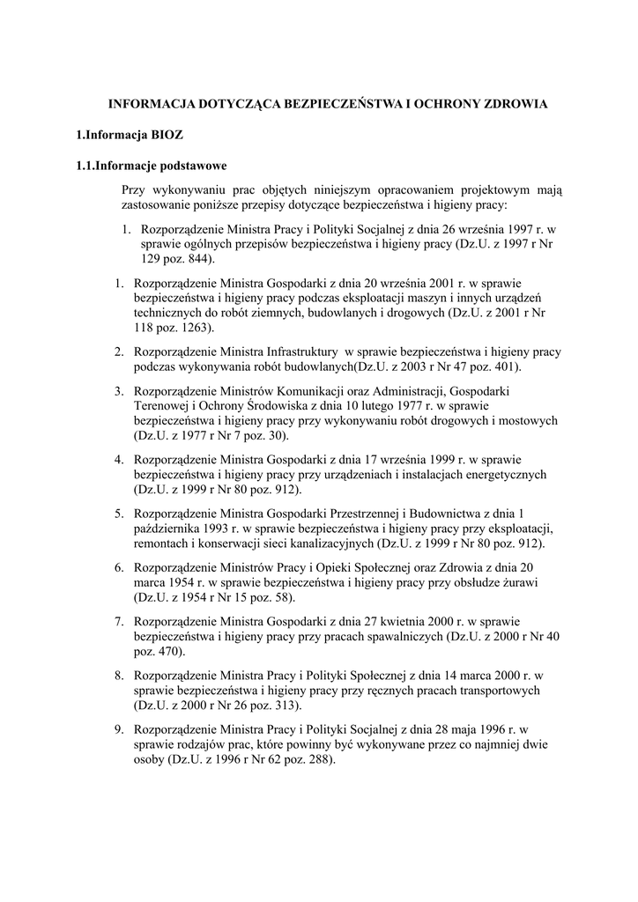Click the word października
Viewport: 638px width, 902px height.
(169, 529)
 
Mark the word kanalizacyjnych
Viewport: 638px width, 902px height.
(317, 543)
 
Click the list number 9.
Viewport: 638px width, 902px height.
(118, 729)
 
